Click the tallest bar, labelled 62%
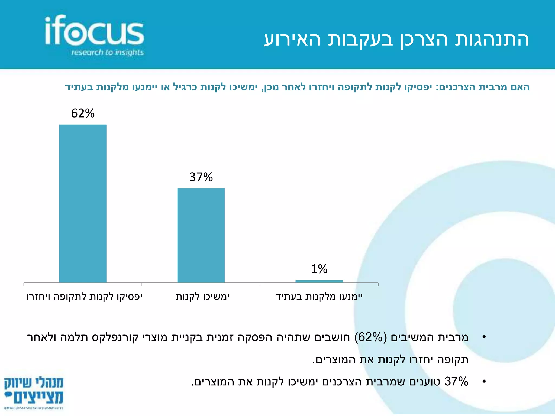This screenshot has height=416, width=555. click(83, 203)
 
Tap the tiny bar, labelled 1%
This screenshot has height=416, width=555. click(319, 281)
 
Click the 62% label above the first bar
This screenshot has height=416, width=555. click(83, 113)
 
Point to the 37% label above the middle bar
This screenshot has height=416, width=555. click(201, 177)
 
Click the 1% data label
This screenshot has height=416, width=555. click(319, 269)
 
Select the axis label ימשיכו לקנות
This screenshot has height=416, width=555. click(202, 297)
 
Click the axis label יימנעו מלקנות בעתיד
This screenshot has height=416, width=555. click(319, 297)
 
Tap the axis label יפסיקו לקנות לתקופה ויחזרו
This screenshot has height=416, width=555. click(84, 297)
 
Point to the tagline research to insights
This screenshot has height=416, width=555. click(107, 52)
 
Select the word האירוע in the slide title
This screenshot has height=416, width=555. click(293, 40)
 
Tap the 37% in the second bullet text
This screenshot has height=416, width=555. click(456, 382)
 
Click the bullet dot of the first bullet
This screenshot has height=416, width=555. click(484, 337)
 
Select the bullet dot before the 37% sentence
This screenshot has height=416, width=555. click(484, 382)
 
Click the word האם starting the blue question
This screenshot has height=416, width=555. click(520, 87)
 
